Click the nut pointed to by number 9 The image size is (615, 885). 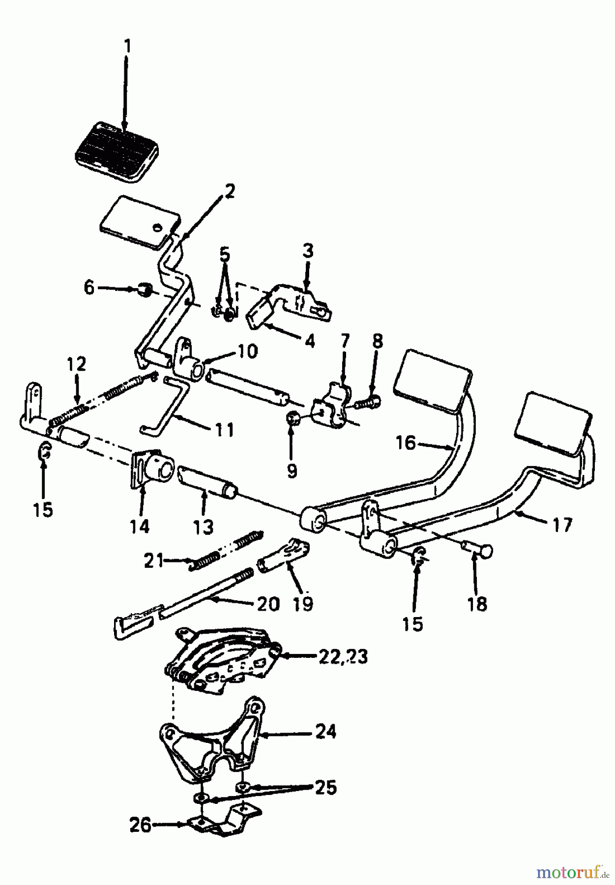click(291, 419)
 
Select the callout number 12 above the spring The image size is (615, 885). click(76, 364)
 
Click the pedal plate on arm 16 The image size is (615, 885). click(433, 377)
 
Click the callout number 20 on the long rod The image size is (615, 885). click(268, 604)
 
